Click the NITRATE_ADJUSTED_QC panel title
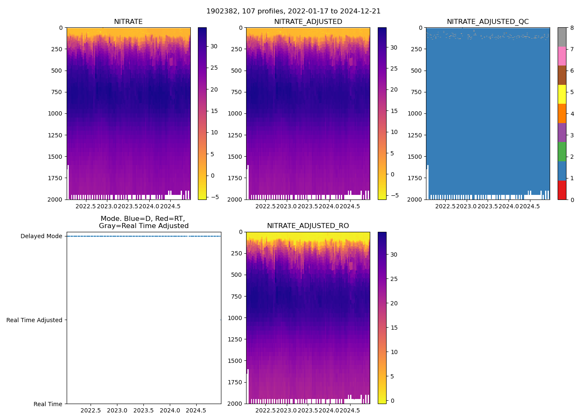pos(488,22)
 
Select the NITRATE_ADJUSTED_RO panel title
pos(308,226)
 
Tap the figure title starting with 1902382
pos(293,11)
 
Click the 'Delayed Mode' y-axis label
pos(41,236)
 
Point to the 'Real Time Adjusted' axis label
pos(34,320)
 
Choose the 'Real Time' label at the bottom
pos(48,404)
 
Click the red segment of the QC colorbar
pos(562,190)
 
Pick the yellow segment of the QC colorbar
pos(562,94)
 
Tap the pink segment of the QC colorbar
pos(562,56)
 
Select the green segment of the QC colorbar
pos(562,152)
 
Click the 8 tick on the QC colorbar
pos(571,28)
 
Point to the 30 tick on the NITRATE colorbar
pos(214,47)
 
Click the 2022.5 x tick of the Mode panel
pos(91,410)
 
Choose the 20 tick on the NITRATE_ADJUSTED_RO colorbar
pos(394,303)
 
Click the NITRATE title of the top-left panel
pos(128,22)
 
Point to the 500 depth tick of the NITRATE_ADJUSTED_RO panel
pos(237,275)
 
